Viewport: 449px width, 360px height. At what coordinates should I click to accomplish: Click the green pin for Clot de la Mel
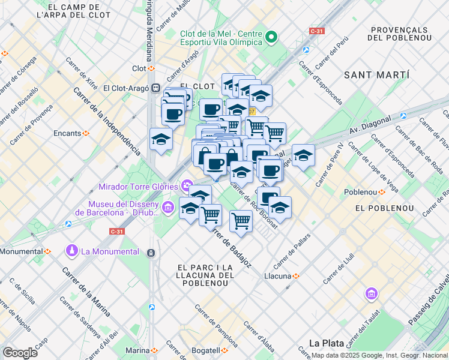(271, 37)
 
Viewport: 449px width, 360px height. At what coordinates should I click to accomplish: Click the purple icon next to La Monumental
(72, 250)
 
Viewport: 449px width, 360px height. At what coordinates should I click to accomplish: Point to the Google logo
(19, 352)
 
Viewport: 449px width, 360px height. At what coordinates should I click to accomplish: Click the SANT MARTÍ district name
(376, 75)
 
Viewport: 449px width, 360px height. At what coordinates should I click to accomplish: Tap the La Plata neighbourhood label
(326, 343)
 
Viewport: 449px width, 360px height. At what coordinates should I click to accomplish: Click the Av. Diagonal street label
(370, 125)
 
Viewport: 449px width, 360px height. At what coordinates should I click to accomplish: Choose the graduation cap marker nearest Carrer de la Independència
(161, 140)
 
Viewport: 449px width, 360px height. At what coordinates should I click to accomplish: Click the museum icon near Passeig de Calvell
(371, 294)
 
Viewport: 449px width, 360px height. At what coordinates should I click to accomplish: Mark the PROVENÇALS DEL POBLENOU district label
(399, 33)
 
